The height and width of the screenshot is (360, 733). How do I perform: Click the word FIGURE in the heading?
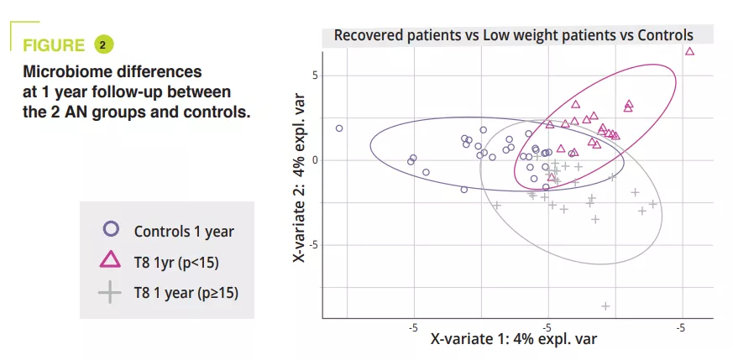(55, 45)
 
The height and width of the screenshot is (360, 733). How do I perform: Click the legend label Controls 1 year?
(184, 232)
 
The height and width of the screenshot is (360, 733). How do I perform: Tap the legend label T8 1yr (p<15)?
(176, 263)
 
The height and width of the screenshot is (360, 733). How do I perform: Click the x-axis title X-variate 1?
(513, 339)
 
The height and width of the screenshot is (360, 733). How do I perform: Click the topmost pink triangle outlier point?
(689, 51)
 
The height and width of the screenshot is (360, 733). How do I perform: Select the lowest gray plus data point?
(605, 305)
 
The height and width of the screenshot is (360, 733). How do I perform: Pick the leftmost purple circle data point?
(339, 128)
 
